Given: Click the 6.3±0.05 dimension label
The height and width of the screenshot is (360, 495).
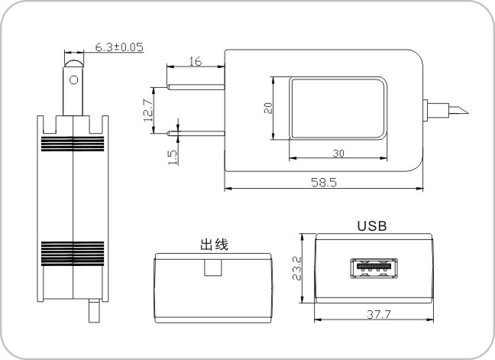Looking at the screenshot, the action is pyautogui.click(x=119, y=47).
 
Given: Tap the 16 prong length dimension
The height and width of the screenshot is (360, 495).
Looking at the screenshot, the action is pyautogui.click(x=195, y=61).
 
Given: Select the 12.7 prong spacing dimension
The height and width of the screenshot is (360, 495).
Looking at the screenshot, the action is pyautogui.click(x=149, y=110).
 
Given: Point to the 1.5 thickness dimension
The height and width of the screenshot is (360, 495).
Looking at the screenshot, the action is pyautogui.click(x=172, y=157).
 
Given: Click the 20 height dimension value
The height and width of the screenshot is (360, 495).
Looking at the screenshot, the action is pyautogui.click(x=268, y=108).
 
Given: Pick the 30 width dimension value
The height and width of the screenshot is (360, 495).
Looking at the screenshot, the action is pyautogui.click(x=338, y=153).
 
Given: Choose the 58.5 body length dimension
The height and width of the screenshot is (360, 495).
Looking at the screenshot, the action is pyautogui.click(x=324, y=182).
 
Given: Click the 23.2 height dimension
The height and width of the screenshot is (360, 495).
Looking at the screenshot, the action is pyautogui.click(x=297, y=268).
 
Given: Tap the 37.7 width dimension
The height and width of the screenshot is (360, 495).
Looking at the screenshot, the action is pyautogui.click(x=379, y=314).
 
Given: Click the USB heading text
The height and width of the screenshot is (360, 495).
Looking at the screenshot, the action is pyautogui.click(x=372, y=226).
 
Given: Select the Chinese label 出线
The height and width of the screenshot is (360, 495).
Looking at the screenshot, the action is pyautogui.click(x=214, y=245).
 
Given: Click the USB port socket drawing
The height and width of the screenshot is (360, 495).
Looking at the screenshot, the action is pyautogui.click(x=374, y=268).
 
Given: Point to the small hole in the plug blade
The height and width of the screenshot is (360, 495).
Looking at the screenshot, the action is pyautogui.click(x=73, y=80).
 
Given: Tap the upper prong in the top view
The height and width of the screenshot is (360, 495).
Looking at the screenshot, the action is pyautogui.click(x=196, y=87).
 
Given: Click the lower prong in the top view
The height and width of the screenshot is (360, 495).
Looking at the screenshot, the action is pyautogui.click(x=196, y=133).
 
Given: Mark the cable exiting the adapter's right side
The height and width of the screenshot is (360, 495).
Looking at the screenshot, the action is pyautogui.click(x=448, y=110).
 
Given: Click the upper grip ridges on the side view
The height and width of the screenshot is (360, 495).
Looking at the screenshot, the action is pyautogui.click(x=73, y=144).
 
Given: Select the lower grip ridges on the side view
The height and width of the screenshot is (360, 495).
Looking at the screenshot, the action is pyautogui.click(x=73, y=253).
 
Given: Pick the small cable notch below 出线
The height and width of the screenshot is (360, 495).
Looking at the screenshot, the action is pyautogui.click(x=213, y=268).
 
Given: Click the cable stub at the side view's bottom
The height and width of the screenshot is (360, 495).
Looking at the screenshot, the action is pyautogui.click(x=94, y=311).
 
